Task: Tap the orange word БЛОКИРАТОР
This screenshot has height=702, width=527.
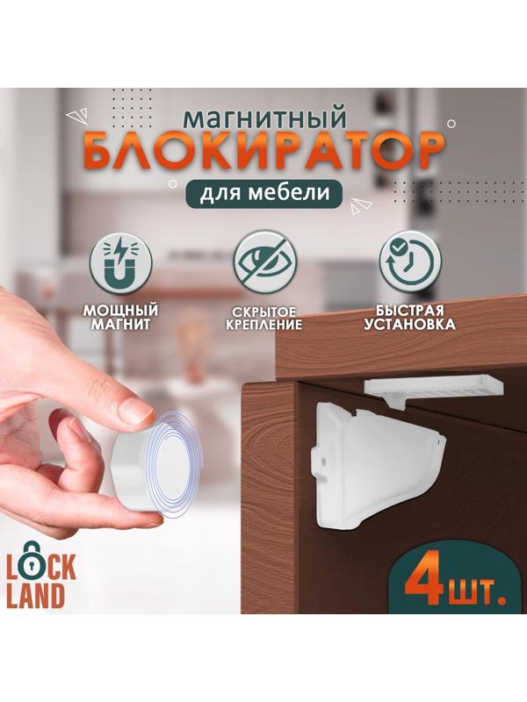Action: point(263,155)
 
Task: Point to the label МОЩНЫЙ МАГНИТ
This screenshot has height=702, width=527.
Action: point(122,318)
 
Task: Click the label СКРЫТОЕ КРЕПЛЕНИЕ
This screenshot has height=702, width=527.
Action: point(263,319)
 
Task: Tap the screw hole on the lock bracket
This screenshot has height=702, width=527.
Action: point(325,458)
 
